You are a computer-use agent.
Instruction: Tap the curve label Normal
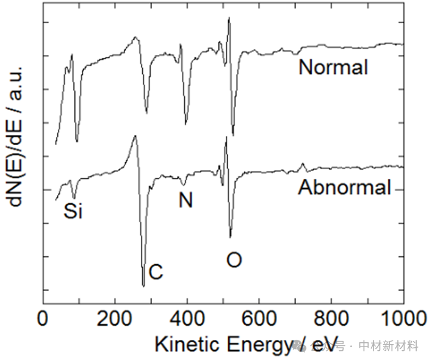333,66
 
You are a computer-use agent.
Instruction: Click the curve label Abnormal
344,188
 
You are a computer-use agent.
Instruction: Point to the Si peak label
73,211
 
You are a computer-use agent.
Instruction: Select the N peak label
185,200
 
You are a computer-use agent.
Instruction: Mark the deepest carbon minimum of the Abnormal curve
143,286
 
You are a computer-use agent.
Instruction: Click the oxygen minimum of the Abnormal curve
230,237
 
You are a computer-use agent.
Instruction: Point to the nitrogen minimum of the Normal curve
186,124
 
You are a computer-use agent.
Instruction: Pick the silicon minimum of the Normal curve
76,142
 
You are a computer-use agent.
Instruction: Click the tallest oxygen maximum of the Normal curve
229,18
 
